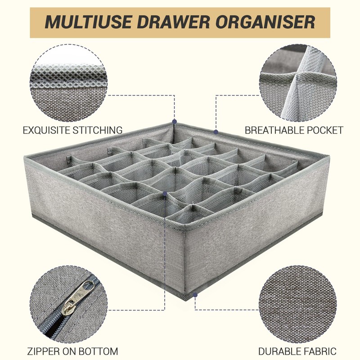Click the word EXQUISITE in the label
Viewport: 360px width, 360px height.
(48, 130)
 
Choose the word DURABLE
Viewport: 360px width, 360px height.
(281, 351)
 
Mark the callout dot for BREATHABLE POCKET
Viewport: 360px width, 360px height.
(216, 132)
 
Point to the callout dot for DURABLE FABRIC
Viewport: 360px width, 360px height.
(195, 295)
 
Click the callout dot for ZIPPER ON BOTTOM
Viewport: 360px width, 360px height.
(166, 193)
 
